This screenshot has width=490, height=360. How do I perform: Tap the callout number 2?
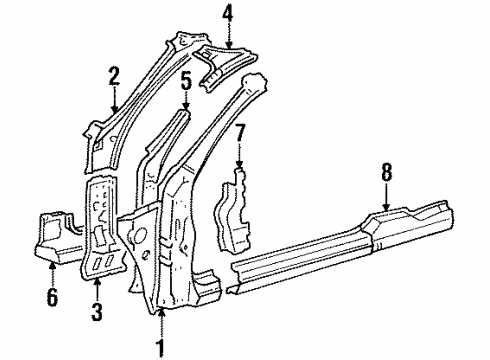click(115, 76)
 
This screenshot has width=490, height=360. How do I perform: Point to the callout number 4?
click(228, 13)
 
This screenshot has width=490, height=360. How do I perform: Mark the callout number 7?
click(240, 132)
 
